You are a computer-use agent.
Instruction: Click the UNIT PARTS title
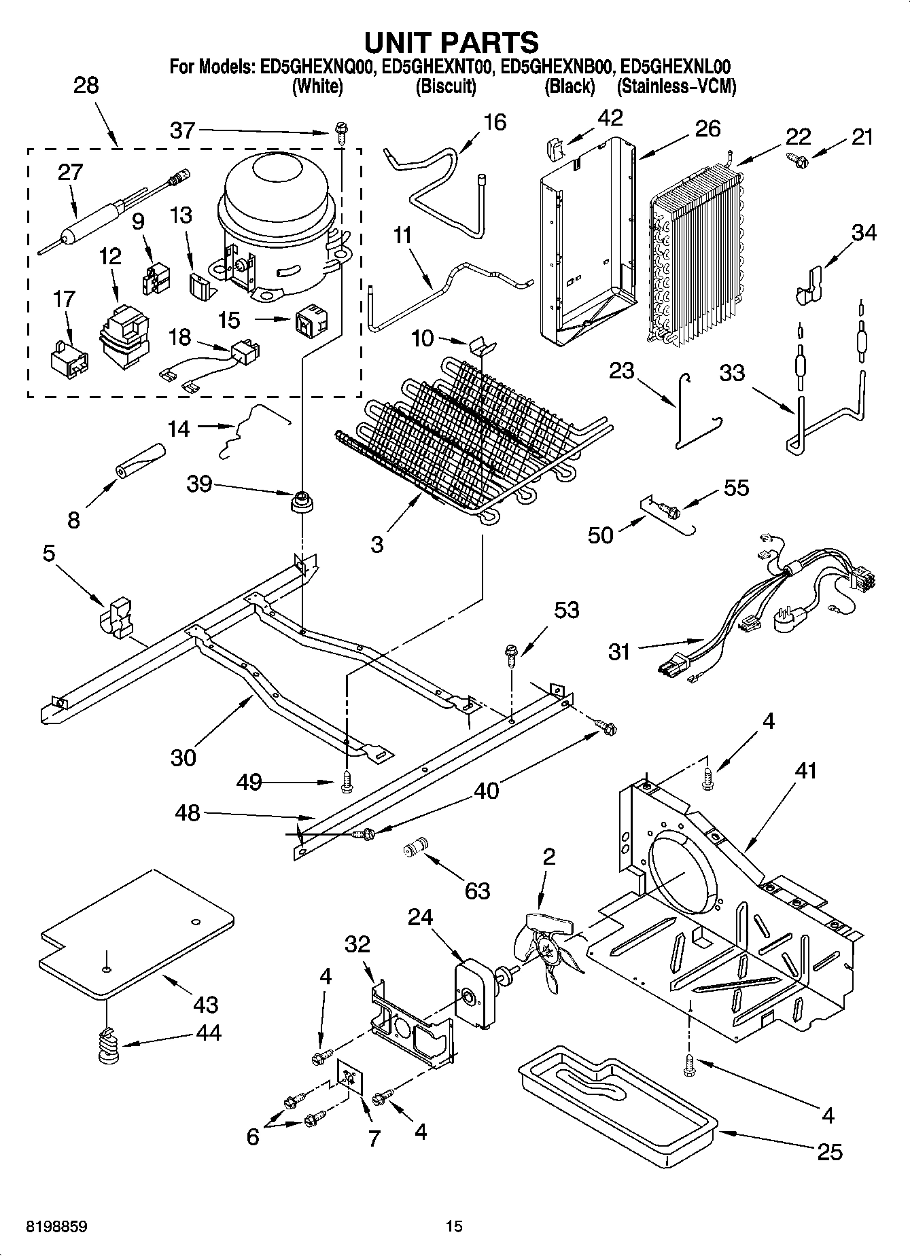tap(451, 42)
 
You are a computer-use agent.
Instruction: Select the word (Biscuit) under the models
tap(446, 87)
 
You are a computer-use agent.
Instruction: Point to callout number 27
tap(71, 172)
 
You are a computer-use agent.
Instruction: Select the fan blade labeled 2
tap(548, 946)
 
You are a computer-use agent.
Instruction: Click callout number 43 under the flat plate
tap(206, 1003)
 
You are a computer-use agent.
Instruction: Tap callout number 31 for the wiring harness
tap(619, 651)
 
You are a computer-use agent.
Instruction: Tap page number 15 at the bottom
tap(454, 1225)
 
